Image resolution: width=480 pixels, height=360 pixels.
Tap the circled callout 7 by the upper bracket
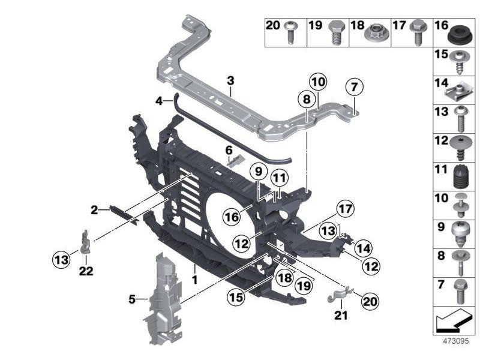click(x=354, y=88)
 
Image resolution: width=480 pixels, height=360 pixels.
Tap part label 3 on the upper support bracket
click(x=230, y=81)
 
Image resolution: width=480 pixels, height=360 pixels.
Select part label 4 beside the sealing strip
click(x=159, y=101)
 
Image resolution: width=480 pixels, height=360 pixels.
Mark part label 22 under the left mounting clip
click(x=86, y=271)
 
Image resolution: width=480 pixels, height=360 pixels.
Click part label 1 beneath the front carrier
click(x=194, y=280)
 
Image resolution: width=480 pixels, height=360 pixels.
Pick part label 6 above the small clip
click(x=229, y=149)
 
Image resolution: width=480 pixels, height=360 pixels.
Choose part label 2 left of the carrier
click(x=94, y=209)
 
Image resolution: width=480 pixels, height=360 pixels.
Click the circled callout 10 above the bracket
click(x=318, y=82)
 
